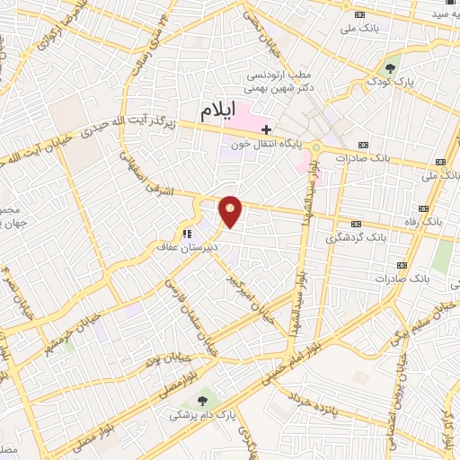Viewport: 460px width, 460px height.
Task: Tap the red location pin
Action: point(231,212)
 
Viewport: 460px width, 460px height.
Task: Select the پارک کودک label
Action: point(392,82)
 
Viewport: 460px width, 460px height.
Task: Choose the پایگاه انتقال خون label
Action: point(269,144)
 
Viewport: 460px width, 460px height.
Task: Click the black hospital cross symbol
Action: point(266,129)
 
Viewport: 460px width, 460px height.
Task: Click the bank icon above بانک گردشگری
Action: point(356,224)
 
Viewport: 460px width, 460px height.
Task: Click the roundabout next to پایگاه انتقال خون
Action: point(317,146)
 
